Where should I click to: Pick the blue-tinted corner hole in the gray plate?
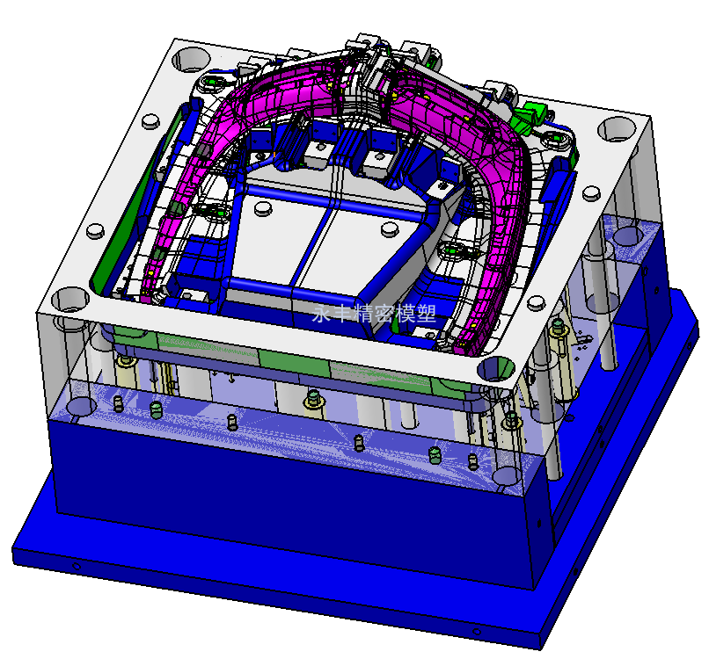(x=496, y=367)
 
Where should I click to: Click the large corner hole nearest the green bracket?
(x=617, y=129)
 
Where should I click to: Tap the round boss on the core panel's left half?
(x=263, y=207)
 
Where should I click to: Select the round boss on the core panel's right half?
(x=390, y=229)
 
